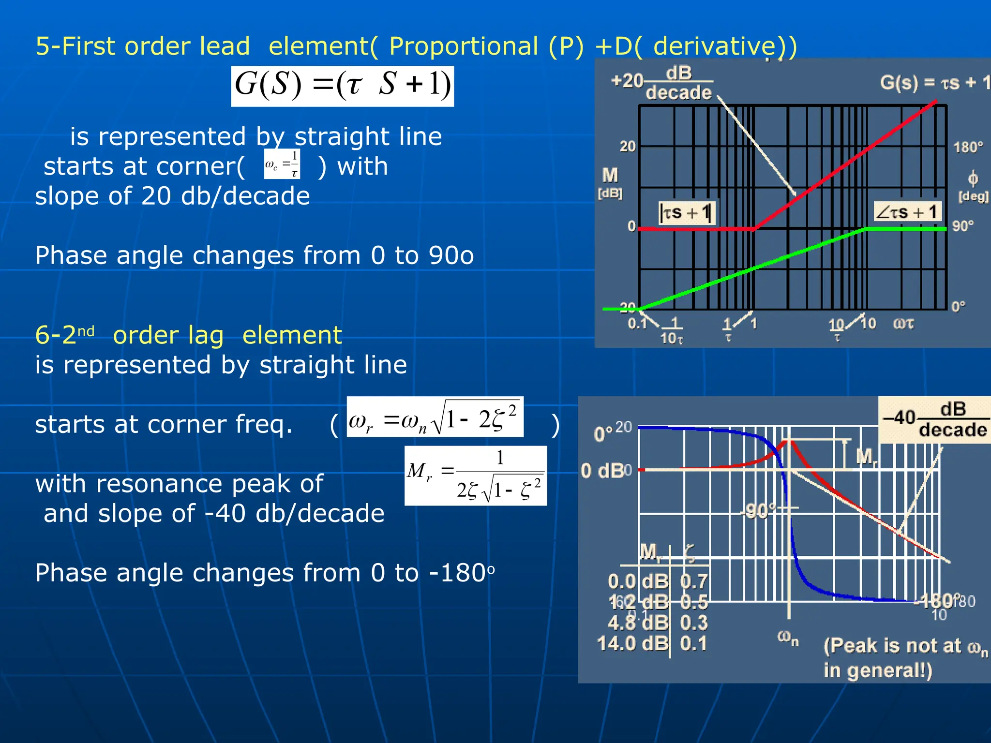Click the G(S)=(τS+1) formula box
click(x=342, y=86)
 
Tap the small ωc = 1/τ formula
click(x=282, y=164)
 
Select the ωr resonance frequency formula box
click(x=435, y=417)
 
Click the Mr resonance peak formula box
click(x=476, y=476)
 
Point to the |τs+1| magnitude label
click(x=686, y=212)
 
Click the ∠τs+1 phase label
click(x=907, y=212)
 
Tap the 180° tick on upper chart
click(x=968, y=147)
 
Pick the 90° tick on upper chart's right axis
click(x=962, y=226)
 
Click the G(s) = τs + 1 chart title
click(x=934, y=83)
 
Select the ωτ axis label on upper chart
click(x=903, y=323)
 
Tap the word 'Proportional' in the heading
click(x=463, y=46)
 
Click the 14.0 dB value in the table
click(x=632, y=643)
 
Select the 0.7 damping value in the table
click(x=694, y=581)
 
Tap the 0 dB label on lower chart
click(x=602, y=470)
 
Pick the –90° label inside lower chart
click(x=759, y=511)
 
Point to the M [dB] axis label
click(x=610, y=182)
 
